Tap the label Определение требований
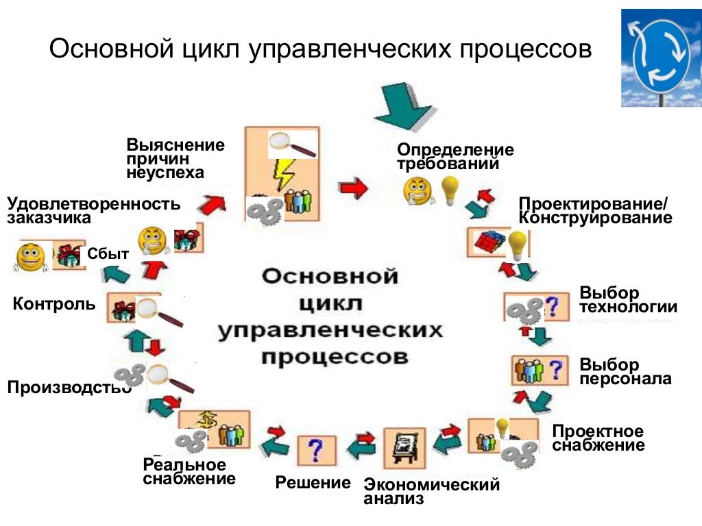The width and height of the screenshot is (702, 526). coord(455,157)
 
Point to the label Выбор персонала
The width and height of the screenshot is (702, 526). coord(625,371)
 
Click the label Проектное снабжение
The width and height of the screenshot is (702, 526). coord(598,438)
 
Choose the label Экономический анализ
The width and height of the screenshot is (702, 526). coord(431,492)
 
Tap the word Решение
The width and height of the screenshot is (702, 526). coord(313,482)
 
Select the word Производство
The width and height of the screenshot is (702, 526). coord(69,388)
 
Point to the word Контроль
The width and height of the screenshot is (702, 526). coord(54,303)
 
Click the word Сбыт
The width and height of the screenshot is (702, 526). coord(108,253)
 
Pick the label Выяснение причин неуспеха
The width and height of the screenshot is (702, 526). coord(175,158)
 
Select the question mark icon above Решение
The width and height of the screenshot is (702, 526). coord(316,451)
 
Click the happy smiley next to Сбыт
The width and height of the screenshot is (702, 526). coord(31,258)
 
